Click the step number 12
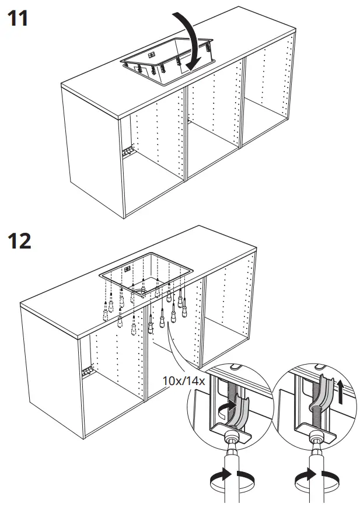(19, 241)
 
